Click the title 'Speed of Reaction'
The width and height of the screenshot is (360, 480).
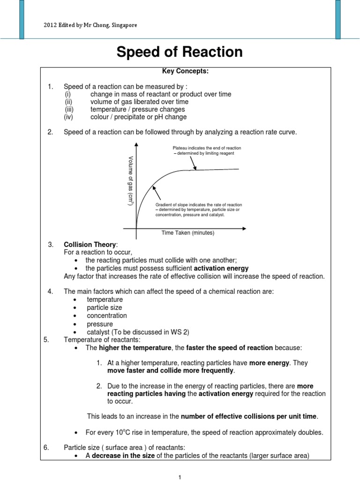tap(180, 52)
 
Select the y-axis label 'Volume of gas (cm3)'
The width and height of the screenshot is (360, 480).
tap(131, 181)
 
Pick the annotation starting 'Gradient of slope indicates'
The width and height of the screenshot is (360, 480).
tap(198, 205)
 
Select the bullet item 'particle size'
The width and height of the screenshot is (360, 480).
tap(104, 307)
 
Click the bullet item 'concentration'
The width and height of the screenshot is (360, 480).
tap(106, 315)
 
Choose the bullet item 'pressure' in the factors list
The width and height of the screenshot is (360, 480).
tap(100, 324)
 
